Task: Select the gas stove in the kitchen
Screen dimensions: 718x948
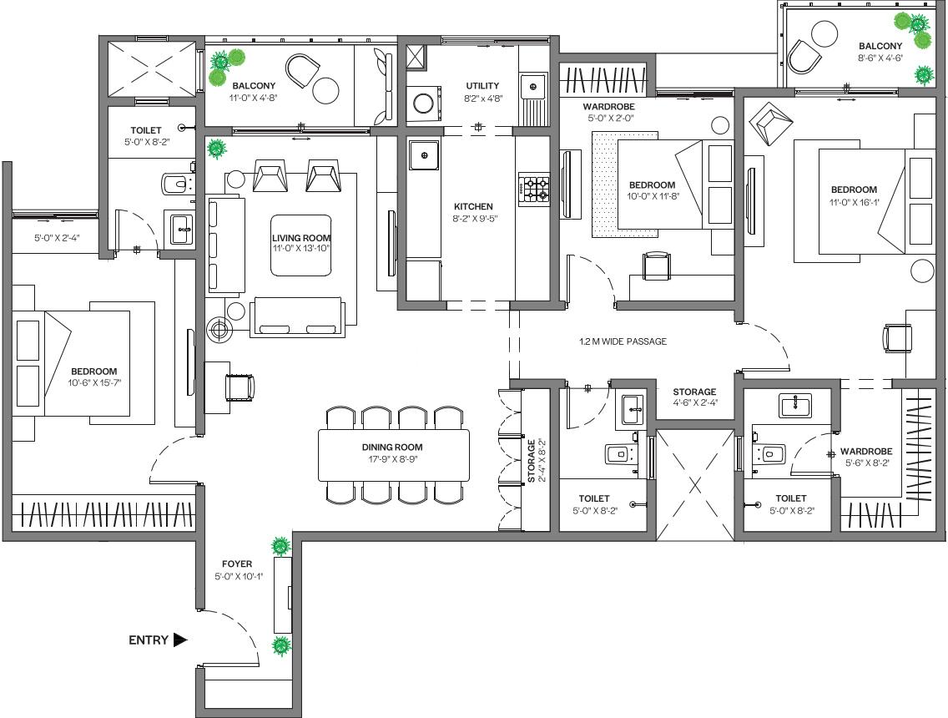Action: pos(534,189)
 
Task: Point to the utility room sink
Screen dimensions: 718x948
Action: pos(529,83)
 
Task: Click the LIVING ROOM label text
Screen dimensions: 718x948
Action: pos(301,238)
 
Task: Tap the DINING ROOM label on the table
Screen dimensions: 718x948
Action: pos(393,447)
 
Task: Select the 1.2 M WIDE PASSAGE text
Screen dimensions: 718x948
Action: pos(623,341)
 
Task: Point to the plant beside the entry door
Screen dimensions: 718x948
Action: pos(281,645)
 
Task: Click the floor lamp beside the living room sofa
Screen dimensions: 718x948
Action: pos(219,330)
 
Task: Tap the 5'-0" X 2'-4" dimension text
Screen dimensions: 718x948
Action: pos(55,238)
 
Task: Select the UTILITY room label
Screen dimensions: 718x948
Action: pos(482,85)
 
